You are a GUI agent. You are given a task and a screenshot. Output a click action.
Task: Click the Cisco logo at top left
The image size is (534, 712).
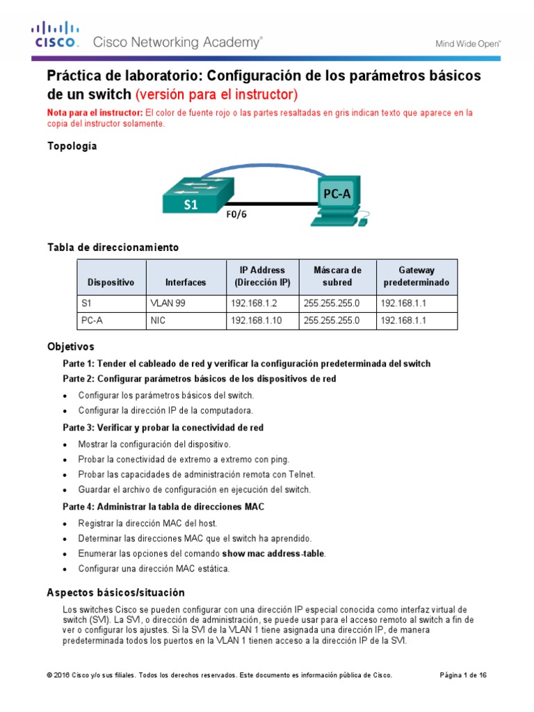click(56, 35)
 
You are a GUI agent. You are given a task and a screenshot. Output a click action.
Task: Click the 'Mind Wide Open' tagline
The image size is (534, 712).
click(468, 43)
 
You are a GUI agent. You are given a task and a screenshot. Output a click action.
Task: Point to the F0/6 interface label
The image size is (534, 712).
click(236, 214)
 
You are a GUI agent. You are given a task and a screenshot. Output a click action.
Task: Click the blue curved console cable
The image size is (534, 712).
click(264, 168)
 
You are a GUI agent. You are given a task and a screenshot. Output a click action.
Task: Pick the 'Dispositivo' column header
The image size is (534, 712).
click(111, 282)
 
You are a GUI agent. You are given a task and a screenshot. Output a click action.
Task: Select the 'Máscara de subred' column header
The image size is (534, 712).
click(337, 276)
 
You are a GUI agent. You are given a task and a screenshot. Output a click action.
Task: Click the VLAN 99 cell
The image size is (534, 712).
click(168, 303)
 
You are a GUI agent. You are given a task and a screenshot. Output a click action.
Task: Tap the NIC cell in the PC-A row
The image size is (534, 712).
click(158, 321)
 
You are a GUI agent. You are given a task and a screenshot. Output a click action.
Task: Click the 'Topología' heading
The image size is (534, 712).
click(72, 146)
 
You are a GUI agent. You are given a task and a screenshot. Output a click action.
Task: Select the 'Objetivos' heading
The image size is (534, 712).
click(70, 346)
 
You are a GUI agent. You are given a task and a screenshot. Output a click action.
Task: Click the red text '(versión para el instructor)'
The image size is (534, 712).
click(216, 94)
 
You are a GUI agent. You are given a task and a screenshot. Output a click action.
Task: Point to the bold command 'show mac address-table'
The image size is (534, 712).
click(273, 553)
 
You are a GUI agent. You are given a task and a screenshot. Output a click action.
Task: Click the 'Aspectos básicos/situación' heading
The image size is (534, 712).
click(115, 592)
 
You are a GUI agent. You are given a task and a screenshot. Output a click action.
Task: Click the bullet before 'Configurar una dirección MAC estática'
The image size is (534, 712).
click(65, 569)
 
